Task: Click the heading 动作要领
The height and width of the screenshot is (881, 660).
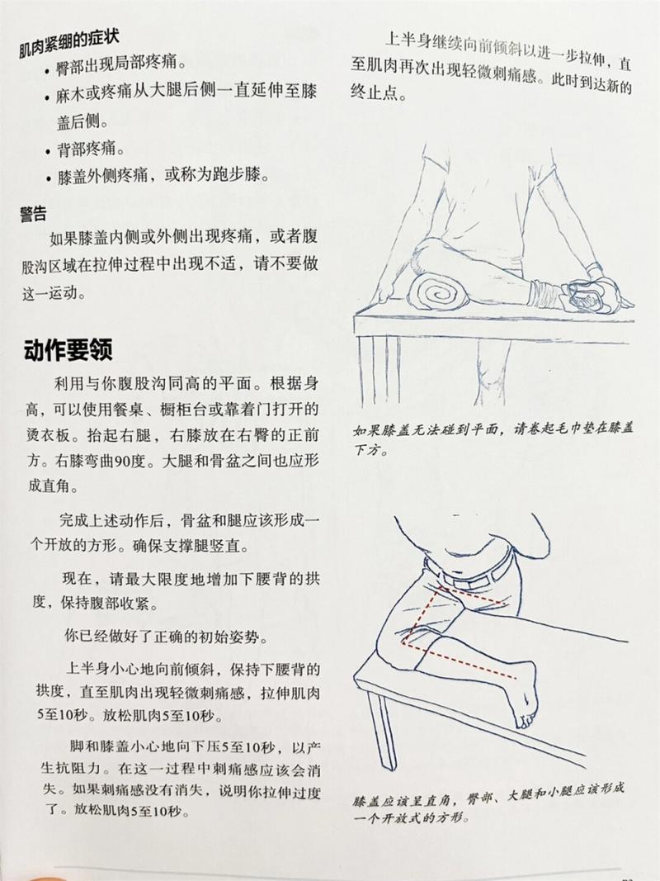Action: (x=68, y=350)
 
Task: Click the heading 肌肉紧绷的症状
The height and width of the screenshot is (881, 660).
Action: (x=68, y=44)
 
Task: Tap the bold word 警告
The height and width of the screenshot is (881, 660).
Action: (x=33, y=214)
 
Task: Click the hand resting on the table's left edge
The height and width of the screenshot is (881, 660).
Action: (x=386, y=293)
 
